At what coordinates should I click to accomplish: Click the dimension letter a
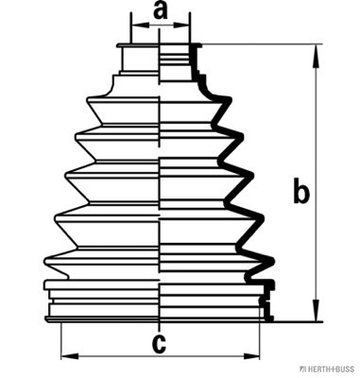pos(160,10)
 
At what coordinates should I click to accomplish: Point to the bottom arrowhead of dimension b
pos(316,311)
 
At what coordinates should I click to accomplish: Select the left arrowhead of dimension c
pos(70,356)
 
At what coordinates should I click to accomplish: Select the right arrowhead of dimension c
pos(251,356)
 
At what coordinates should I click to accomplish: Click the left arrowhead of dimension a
pos(140,26)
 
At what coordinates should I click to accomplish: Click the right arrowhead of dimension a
pos(181,26)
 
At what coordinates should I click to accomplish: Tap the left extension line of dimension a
pos(130,28)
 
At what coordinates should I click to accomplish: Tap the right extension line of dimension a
pos(190,28)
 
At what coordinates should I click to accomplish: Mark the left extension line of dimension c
pos(60,341)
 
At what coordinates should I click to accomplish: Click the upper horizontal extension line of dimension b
pos(263,44)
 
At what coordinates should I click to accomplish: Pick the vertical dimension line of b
pos(316,183)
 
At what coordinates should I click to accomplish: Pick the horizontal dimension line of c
pos(161,356)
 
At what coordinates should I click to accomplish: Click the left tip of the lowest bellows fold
pos(44,261)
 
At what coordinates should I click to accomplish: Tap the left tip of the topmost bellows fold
pos(87,100)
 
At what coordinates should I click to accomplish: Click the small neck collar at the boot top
pos(139,60)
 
